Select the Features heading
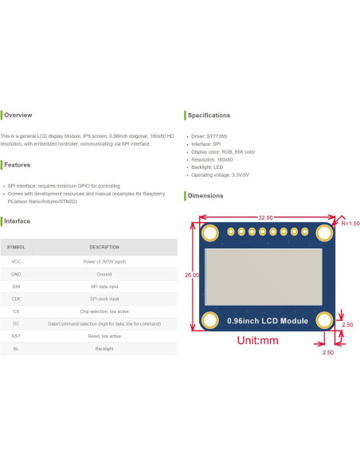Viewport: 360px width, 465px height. pos(18,165)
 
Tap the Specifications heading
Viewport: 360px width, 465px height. pos(209,115)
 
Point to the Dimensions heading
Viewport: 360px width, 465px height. pos(205,195)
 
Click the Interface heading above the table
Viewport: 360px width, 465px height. pos(18,221)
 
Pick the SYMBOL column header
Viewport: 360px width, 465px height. pos(16,248)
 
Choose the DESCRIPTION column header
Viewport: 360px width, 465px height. pos(104,248)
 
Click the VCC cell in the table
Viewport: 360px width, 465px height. pos(16,261)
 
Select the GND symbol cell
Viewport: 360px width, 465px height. pos(16,274)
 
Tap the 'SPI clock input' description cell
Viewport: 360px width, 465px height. pos(104,299)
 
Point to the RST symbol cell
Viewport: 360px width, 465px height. pos(16,336)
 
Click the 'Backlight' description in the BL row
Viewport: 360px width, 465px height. pos(104,349)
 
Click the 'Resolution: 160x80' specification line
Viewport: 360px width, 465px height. pos(212,159)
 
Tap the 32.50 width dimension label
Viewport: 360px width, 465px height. pos(266,217)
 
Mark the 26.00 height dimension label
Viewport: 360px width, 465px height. pos(192,275)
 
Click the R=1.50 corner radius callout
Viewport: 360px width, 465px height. pos(350,224)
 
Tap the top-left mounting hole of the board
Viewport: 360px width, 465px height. pos(210,232)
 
